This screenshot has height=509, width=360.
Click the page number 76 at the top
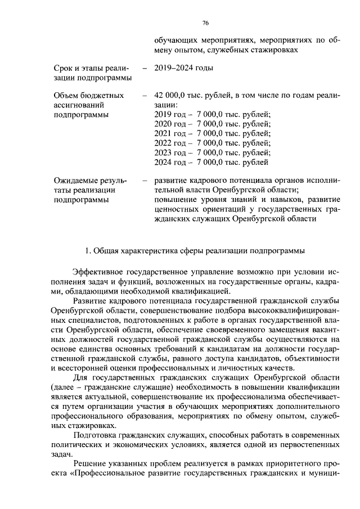205,22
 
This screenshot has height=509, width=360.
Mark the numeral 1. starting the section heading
87,249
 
